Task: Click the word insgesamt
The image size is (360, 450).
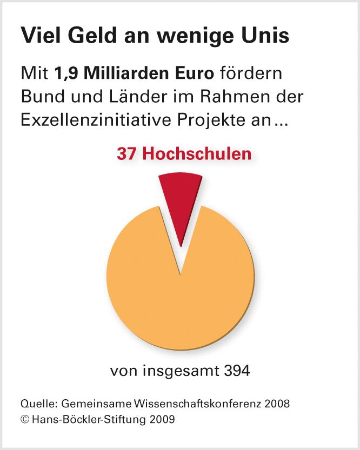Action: [175, 372]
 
